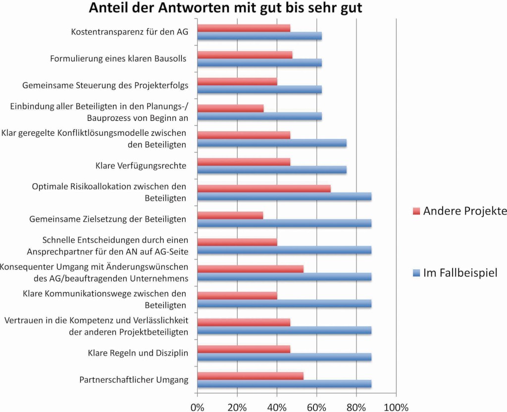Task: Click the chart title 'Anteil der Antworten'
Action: coord(225,8)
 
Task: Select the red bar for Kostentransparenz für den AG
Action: coord(244,28)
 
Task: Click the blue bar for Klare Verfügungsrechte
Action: coord(272,170)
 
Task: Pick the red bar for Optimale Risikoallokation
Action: coord(264,188)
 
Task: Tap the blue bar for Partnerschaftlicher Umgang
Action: coord(284,384)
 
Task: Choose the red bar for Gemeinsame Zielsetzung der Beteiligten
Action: coord(230,215)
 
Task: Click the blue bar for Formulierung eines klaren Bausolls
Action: coord(259,63)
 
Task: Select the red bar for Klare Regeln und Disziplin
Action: coord(244,349)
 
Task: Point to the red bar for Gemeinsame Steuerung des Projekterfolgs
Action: coord(237,82)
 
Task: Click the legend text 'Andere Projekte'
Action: coord(465,211)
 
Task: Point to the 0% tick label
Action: coord(198,407)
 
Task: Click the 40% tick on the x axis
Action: coord(277,407)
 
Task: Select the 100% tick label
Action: coord(396,407)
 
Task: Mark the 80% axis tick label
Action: coord(356,407)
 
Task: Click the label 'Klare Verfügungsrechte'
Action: coord(141,165)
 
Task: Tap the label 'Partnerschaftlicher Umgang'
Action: coord(134,380)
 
